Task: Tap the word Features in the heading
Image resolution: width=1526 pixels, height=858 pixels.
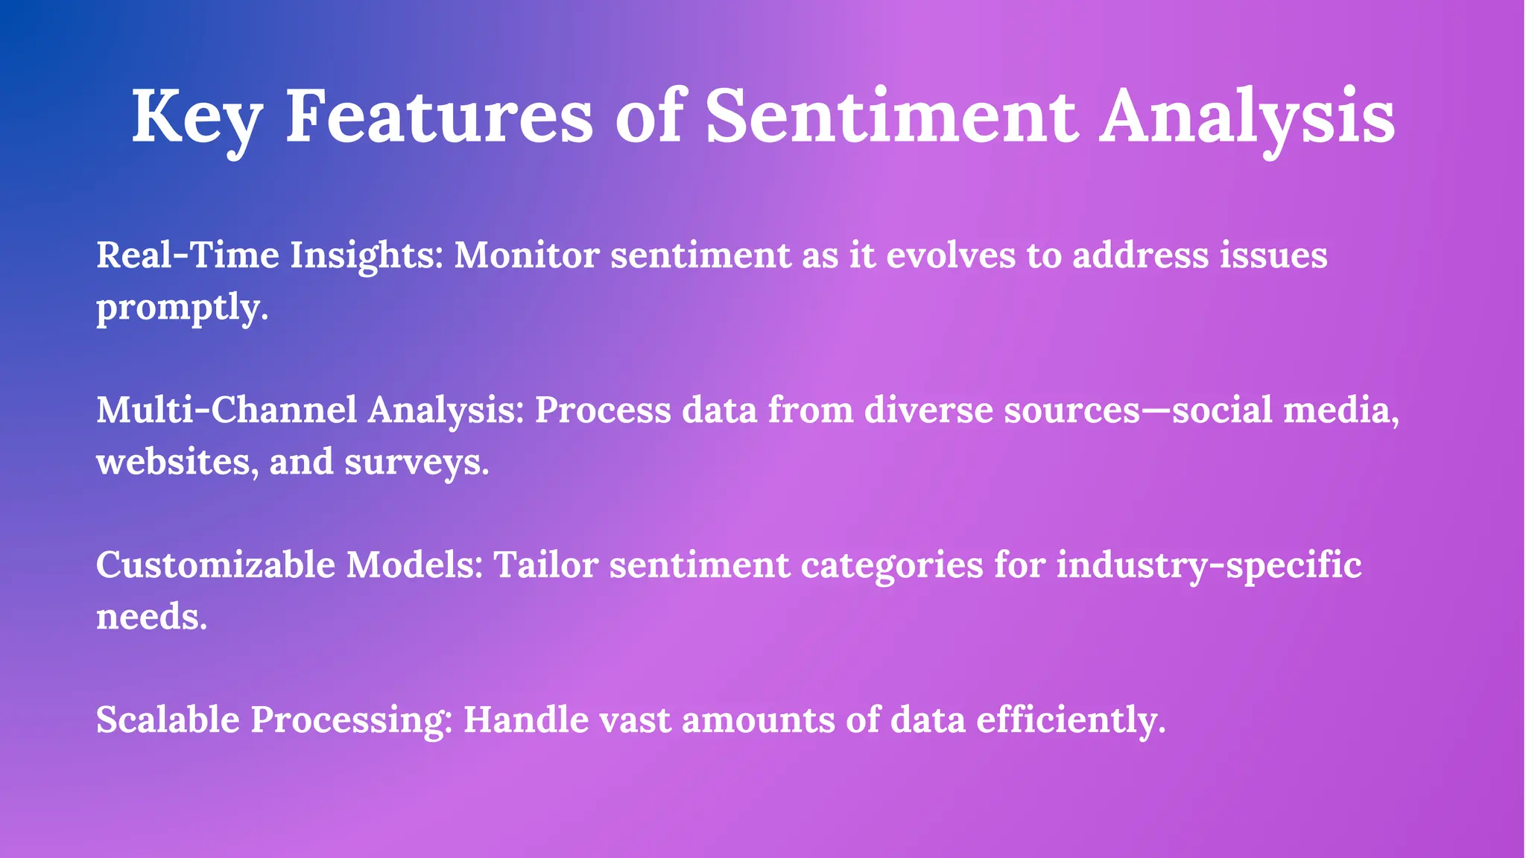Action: (x=440, y=118)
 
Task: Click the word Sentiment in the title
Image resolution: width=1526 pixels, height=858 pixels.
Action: (x=891, y=118)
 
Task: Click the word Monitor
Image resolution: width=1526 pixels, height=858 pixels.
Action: (x=527, y=255)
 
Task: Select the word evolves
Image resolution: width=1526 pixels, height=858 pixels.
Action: (x=951, y=255)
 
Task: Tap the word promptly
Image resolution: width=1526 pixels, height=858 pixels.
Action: (x=182, y=308)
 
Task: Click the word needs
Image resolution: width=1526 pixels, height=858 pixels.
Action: (x=151, y=617)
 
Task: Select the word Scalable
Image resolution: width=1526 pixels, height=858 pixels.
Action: (x=168, y=720)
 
